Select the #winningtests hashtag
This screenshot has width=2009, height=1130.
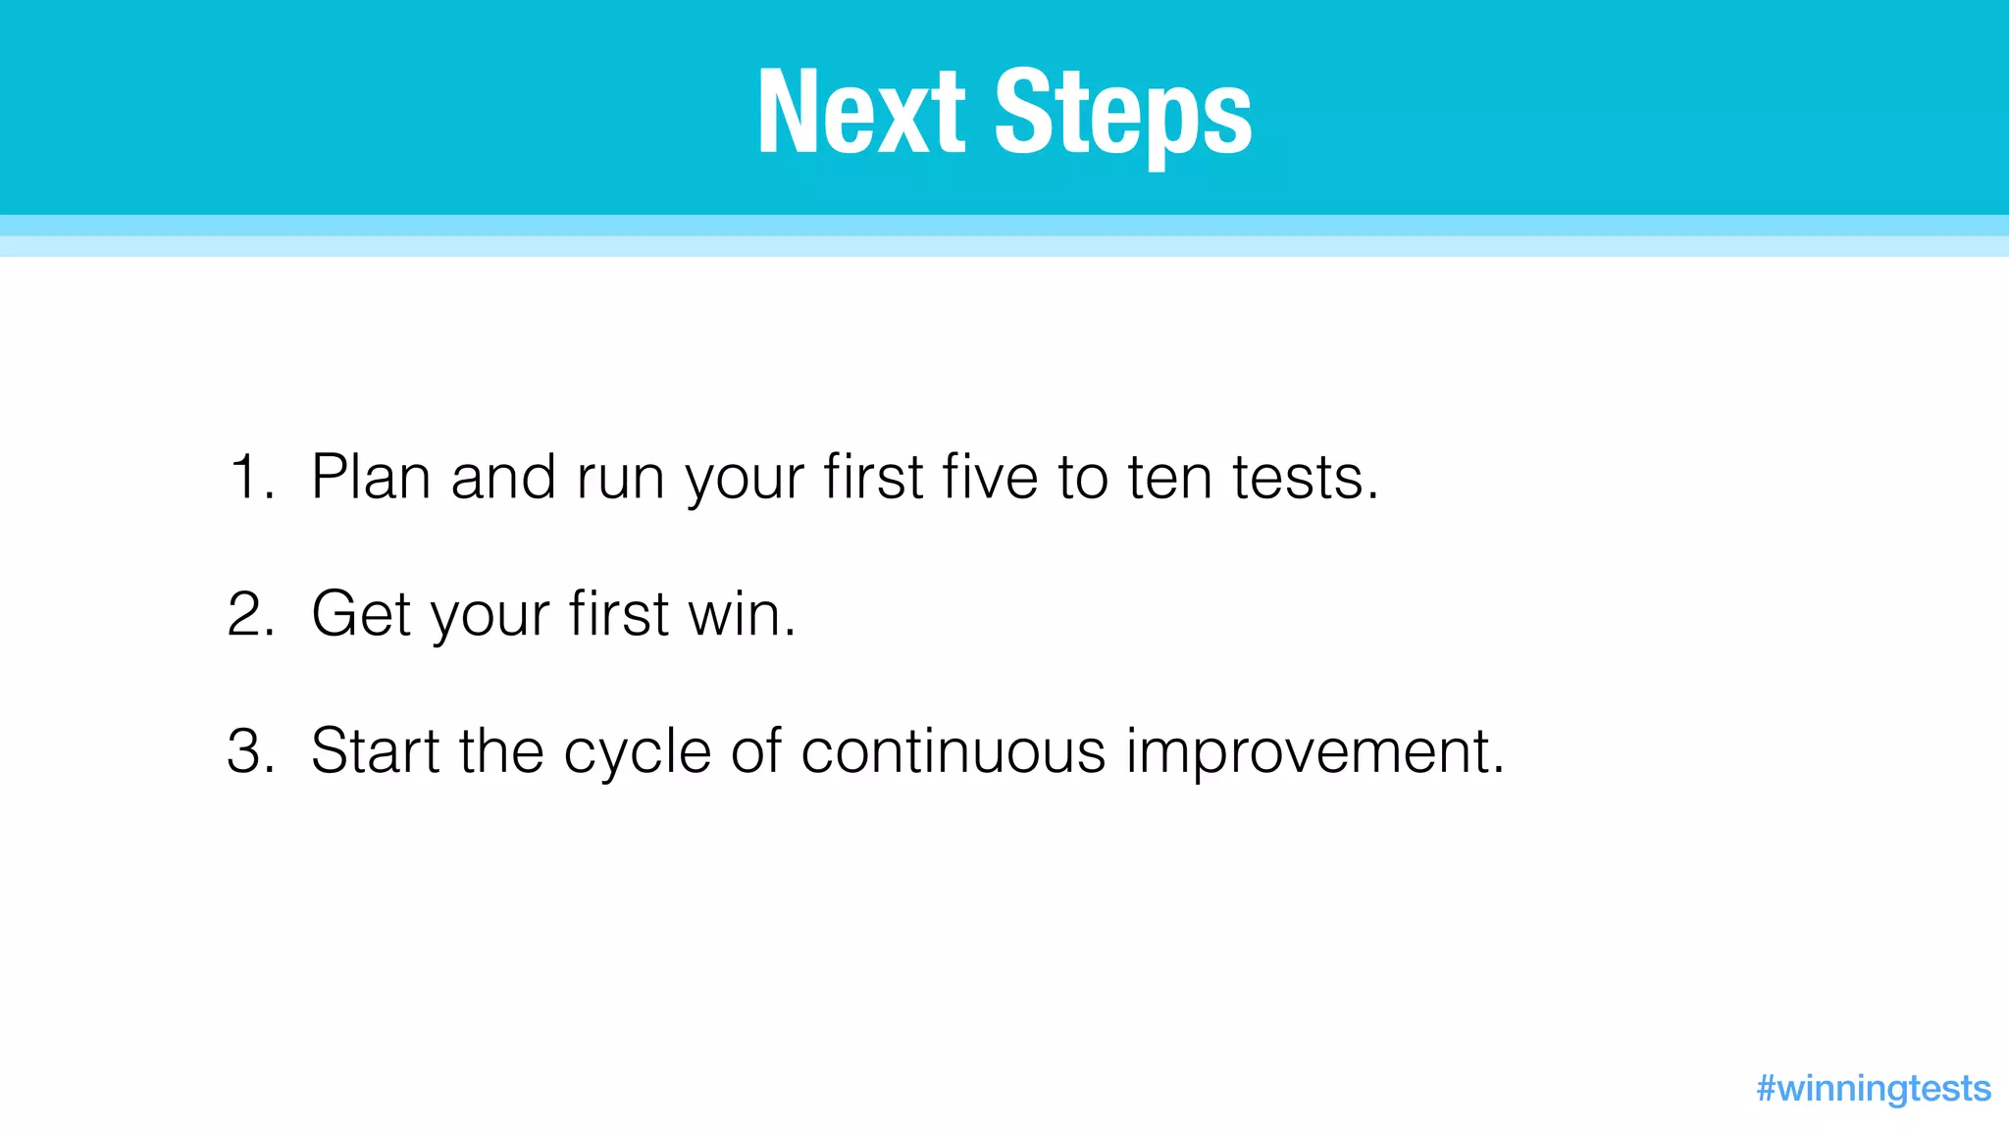tap(1873, 1088)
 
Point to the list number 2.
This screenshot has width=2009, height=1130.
tap(249, 615)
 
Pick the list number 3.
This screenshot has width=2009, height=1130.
tap(249, 752)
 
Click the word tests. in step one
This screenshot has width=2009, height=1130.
tap(1306, 478)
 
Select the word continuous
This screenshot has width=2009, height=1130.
tap(953, 752)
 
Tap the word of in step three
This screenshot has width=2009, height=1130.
tap(755, 752)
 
